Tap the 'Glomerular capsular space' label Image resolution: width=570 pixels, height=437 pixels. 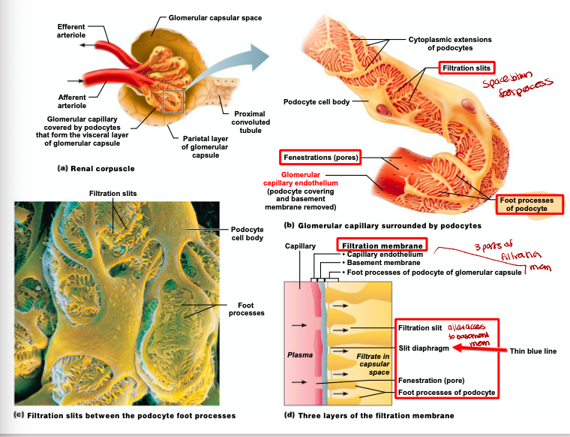(x=214, y=17)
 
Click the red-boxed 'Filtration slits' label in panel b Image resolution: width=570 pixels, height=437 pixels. (x=466, y=68)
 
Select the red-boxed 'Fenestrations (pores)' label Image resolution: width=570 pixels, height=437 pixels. (x=320, y=157)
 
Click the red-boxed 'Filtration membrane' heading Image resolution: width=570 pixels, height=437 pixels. (x=382, y=246)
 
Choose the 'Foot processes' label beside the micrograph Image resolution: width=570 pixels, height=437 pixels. (x=245, y=309)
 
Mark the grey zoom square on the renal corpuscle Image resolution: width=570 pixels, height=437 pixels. (x=173, y=101)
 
